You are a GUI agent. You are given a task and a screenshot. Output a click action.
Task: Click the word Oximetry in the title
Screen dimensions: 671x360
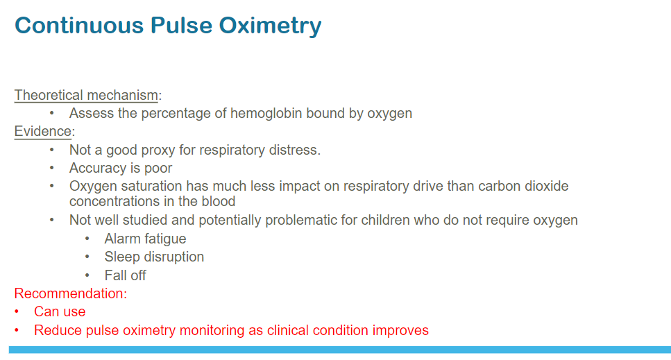[270, 26]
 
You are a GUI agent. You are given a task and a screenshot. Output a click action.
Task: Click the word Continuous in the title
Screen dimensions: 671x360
[79, 25]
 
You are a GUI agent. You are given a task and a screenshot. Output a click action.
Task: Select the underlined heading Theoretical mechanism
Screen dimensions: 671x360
[86, 95]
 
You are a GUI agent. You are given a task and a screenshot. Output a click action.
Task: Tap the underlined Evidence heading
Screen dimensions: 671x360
[43, 131]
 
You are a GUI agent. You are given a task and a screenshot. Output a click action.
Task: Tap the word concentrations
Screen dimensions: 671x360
[110, 201]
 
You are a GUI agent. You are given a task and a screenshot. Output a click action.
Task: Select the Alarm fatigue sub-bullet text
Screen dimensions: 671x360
[145, 239]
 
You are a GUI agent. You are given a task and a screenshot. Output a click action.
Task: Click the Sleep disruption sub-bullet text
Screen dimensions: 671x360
[154, 257]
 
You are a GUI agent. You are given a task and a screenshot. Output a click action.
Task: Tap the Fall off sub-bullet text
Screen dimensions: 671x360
[125, 275]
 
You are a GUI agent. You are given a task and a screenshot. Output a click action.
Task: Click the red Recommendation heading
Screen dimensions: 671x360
[71, 293]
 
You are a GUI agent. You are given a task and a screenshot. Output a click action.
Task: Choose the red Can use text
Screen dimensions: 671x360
[60, 311]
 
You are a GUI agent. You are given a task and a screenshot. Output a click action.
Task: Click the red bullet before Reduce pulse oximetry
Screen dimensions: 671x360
[17, 330]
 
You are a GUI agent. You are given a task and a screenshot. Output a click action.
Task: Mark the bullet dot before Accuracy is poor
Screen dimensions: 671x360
[52, 168]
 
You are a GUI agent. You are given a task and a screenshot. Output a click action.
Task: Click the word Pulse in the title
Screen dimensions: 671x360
[181, 25]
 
